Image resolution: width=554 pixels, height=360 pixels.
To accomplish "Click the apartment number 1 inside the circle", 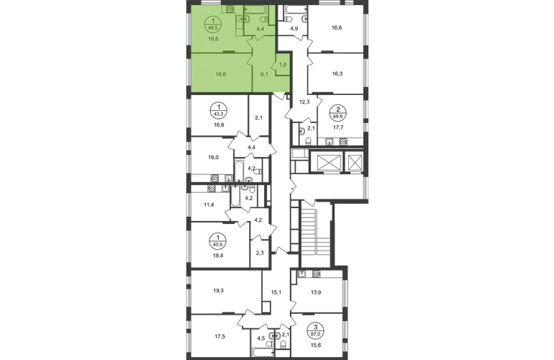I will click(x=213, y=21).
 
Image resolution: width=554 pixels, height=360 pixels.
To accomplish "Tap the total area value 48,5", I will click(x=213, y=27).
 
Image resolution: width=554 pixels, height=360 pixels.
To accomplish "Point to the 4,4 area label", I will click(x=260, y=30).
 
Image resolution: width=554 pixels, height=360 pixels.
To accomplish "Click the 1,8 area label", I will click(x=283, y=64).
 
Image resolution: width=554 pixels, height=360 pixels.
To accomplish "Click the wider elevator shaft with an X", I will click(x=327, y=162).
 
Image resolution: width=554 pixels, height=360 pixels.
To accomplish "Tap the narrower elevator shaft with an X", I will click(x=354, y=162).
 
